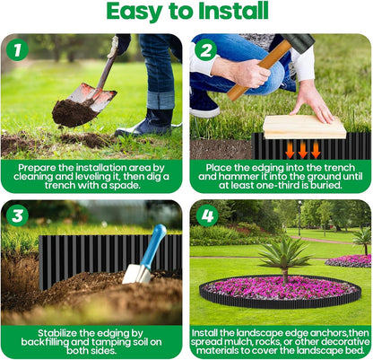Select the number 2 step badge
click(205, 50)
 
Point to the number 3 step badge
click(17, 215)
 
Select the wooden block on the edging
click(305, 127)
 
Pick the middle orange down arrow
click(303, 149)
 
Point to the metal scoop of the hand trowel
click(137, 273)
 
